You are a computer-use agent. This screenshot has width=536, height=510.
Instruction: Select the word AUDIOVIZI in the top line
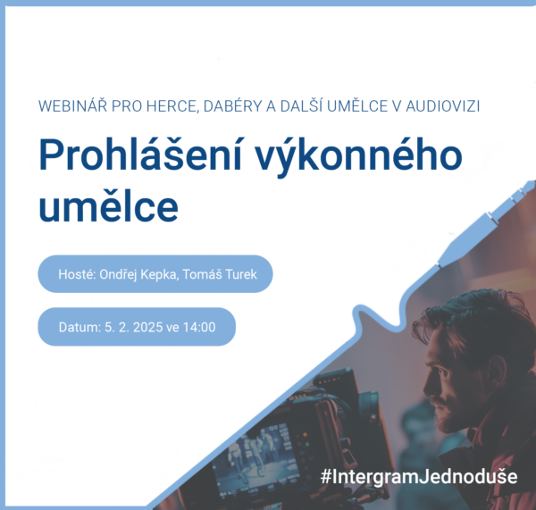[443, 106]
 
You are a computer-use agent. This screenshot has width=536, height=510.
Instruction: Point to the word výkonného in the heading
[359, 157]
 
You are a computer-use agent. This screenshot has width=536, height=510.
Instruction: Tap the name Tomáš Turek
[220, 274]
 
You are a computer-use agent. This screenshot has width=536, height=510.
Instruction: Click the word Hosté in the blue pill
[77, 274]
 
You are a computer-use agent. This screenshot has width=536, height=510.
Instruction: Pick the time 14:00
[199, 327]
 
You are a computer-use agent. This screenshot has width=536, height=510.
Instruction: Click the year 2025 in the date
[147, 327]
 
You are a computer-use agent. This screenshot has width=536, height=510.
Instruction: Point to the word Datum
[80, 327]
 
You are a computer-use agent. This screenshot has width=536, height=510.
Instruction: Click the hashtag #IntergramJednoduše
[419, 476]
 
